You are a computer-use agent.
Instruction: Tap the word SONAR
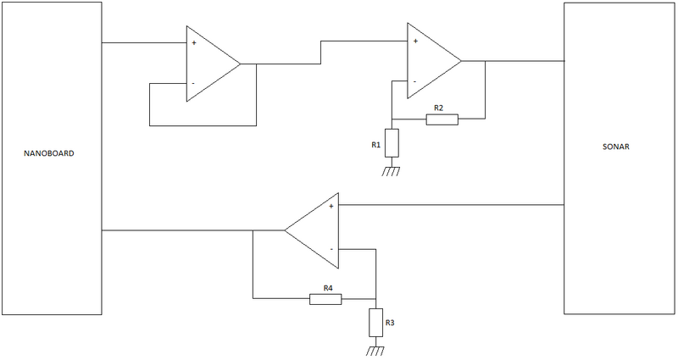[x=616, y=147]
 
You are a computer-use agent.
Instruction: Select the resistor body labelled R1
[x=391, y=144]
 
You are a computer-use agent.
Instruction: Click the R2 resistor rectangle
[x=442, y=119]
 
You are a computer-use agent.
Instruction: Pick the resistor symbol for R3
[x=375, y=323]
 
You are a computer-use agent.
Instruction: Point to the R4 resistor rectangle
[x=327, y=298]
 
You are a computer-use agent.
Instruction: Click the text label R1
[x=375, y=146]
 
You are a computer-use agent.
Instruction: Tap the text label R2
[x=438, y=108]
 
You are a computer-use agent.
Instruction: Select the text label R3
[x=390, y=323]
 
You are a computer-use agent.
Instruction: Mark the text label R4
[x=327, y=287]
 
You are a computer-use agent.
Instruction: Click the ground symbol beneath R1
[x=391, y=172]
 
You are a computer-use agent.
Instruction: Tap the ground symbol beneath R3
[x=375, y=351]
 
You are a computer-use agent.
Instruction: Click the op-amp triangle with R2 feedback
[x=431, y=61]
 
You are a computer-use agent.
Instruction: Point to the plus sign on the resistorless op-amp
[x=194, y=42]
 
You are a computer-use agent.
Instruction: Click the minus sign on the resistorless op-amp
[x=193, y=83]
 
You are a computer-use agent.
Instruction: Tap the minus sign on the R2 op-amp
[x=414, y=81]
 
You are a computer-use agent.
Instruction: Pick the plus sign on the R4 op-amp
[x=331, y=206]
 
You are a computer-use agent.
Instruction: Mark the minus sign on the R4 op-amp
[x=331, y=249]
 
